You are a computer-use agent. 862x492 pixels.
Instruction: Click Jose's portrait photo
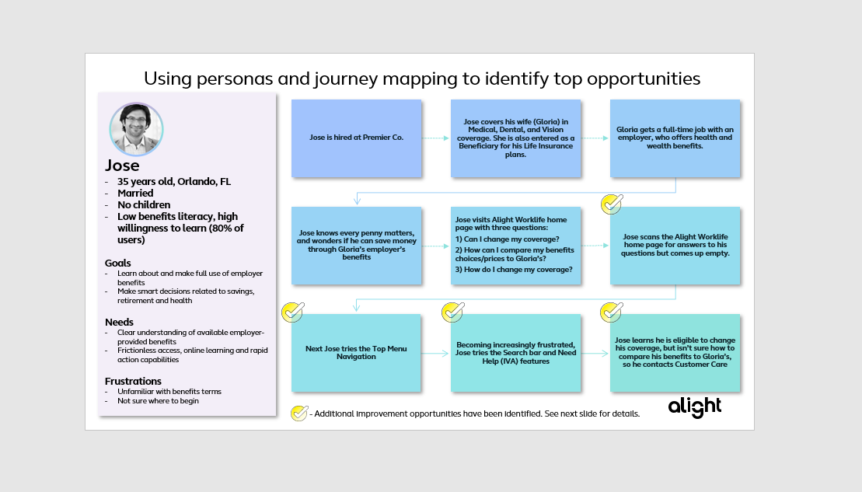tap(136, 128)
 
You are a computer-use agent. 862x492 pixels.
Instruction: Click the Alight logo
tap(694, 407)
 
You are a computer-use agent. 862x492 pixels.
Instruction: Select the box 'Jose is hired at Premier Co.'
tap(356, 138)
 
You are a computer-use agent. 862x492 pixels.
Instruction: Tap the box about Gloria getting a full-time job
tap(674, 138)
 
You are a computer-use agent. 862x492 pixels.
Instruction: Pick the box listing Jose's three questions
tap(515, 245)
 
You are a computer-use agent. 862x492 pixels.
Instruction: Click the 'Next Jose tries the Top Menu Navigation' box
tap(356, 353)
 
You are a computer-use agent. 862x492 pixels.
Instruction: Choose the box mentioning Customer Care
tap(674, 353)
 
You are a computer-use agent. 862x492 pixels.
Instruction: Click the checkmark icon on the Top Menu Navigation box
tap(293, 312)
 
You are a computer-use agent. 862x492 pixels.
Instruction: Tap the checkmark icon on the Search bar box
tap(452, 312)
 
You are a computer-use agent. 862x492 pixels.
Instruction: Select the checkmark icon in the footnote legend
tap(299, 413)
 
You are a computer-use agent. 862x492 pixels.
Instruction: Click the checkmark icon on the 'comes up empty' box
tap(612, 204)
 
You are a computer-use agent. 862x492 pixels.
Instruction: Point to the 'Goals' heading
tap(118, 263)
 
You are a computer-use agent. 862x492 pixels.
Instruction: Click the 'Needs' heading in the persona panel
tap(119, 322)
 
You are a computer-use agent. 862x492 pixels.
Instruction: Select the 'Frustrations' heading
tap(133, 381)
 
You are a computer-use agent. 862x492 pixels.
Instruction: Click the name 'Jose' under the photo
tap(122, 166)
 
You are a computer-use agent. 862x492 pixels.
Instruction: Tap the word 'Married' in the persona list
tap(135, 193)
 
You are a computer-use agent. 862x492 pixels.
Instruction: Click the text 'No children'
tap(145, 204)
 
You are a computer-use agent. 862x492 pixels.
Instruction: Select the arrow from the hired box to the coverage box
tap(436, 138)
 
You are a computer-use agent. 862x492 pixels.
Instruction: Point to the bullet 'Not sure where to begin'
tap(158, 401)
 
